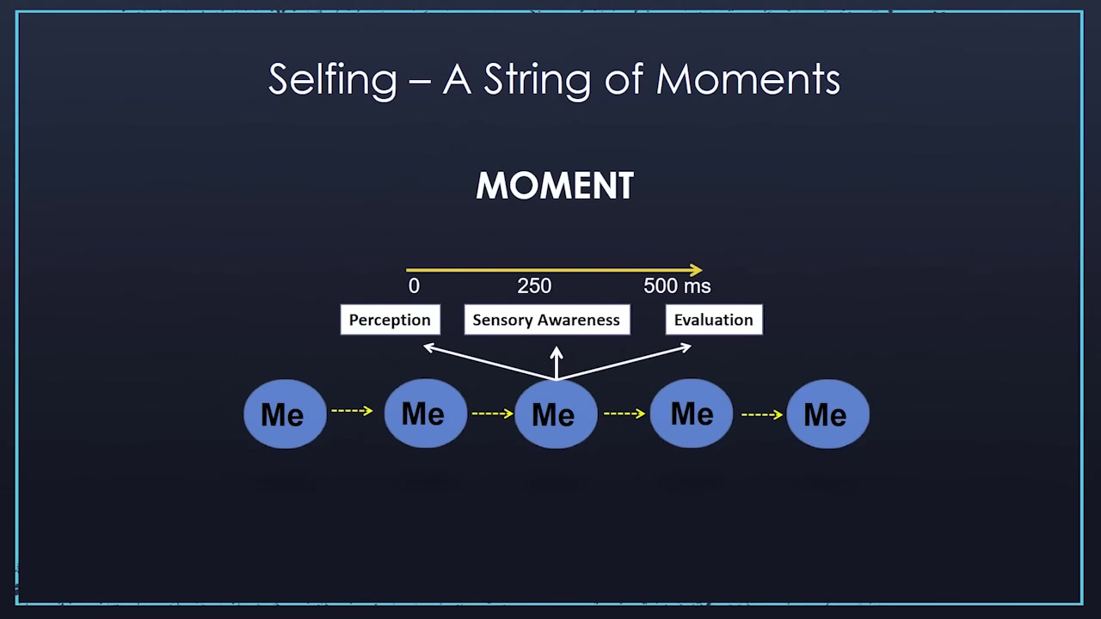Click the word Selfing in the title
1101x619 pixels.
[x=333, y=80]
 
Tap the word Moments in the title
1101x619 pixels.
[x=748, y=80]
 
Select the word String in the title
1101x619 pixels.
[x=538, y=80]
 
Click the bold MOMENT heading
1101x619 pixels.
[x=555, y=186]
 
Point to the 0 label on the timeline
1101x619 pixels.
[x=414, y=286]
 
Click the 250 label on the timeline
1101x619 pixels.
[x=534, y=286]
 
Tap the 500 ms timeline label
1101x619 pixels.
[x=677, y=286]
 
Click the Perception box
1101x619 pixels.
[x=391, y=320]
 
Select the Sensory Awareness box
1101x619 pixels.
[x=547, y=320]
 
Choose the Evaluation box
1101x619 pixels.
[x=714, y=320]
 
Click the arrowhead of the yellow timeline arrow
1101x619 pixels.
[x=697, y=270]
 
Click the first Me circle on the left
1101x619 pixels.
[x=285, y=414]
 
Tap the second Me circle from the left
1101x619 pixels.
[x=425, y=413]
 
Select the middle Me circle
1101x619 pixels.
[x=556, y=414]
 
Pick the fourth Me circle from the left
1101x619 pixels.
[x=692, y=413]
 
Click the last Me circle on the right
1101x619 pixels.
[x=827, y=414]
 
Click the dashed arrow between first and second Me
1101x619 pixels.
[x=352, y=410]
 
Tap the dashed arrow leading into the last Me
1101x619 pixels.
[x=762, y=414]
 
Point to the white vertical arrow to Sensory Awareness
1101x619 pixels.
[x=557, y=363]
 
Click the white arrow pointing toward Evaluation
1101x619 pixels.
[x=624, y=363]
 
